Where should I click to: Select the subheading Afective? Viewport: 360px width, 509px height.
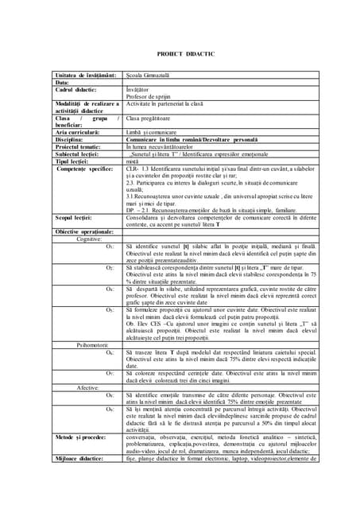88,387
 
